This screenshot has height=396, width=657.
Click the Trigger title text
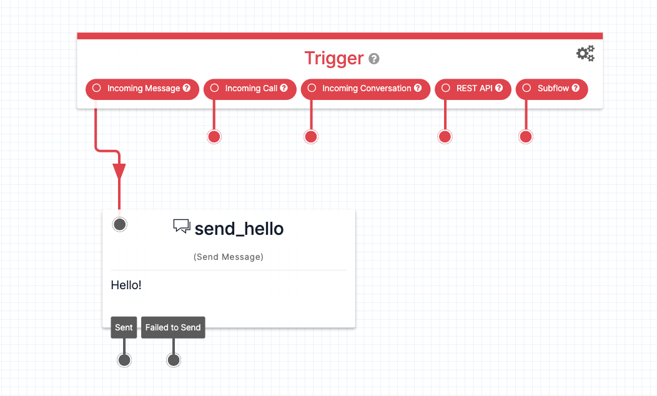333,58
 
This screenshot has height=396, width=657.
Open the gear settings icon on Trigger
585,54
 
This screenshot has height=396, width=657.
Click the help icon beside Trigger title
374,59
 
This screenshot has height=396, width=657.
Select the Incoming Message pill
142,89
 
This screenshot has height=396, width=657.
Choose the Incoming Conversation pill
366,89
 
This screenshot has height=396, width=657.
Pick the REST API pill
473,89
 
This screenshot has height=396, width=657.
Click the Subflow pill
552,89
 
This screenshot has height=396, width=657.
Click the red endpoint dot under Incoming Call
214,137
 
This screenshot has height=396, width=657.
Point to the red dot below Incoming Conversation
311,137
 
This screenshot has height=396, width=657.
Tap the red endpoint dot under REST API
445,137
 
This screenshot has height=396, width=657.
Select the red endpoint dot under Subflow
526,137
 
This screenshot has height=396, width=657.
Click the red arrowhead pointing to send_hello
119,172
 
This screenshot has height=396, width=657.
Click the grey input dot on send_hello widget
120,224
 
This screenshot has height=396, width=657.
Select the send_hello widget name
239,229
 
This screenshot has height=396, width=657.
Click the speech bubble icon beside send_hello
181,227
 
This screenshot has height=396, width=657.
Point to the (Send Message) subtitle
229,257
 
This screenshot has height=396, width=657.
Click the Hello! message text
126,285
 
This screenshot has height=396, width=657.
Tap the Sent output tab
124,327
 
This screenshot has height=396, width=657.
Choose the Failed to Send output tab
173,327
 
